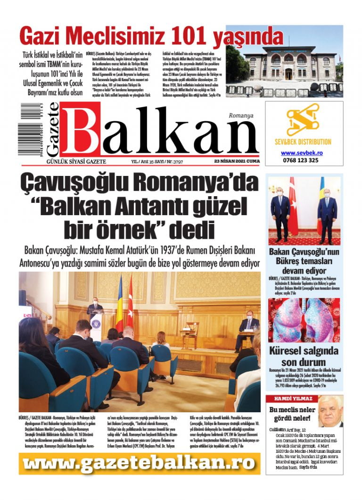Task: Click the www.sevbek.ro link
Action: coord(301,153)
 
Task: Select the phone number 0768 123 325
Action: coord(301,160)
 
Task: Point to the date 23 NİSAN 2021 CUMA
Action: coord(237,161)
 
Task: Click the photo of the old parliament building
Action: coord(284,61)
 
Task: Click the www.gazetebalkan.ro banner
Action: coord(140,464)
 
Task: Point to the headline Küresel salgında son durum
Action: coord(304,357)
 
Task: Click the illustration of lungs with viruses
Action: coord(304,321)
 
